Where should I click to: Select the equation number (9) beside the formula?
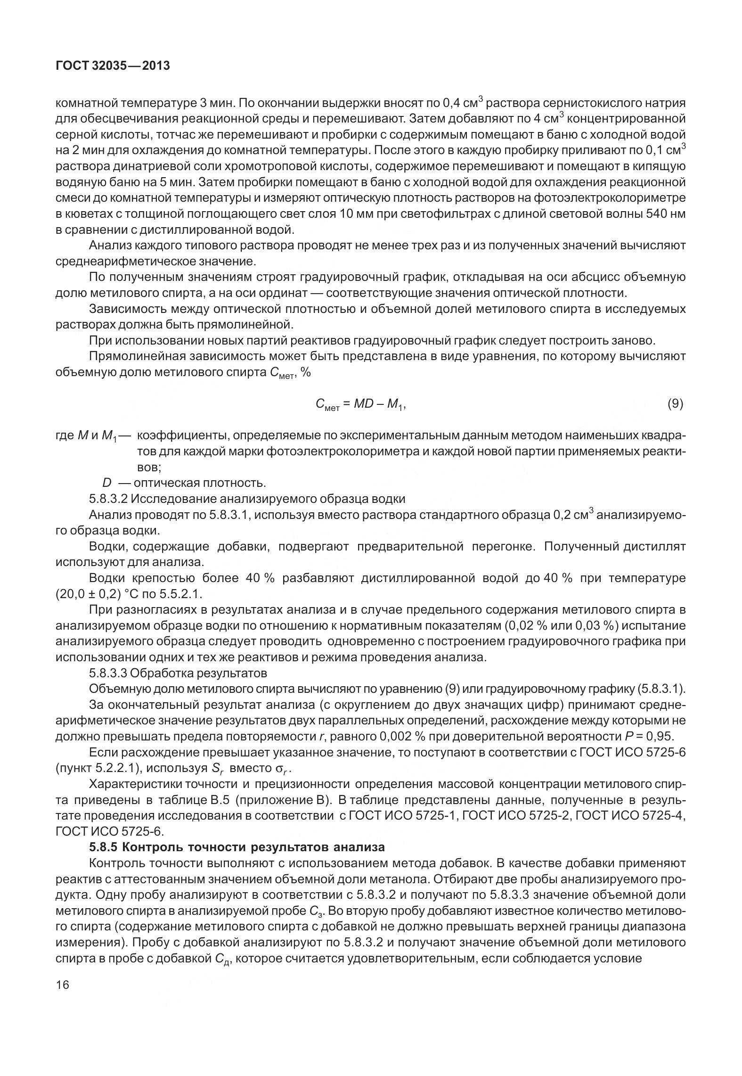pyautogui.click(x=675, y=403)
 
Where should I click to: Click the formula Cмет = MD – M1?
pyautogui.click(x=360, y=404)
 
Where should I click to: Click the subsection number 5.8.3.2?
pyautogui.click(x=108, y=499)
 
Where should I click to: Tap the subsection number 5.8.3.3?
pyautogui.click(x=108, y=673)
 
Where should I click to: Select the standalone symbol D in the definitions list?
pyautogui.click(x=106, y=483)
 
